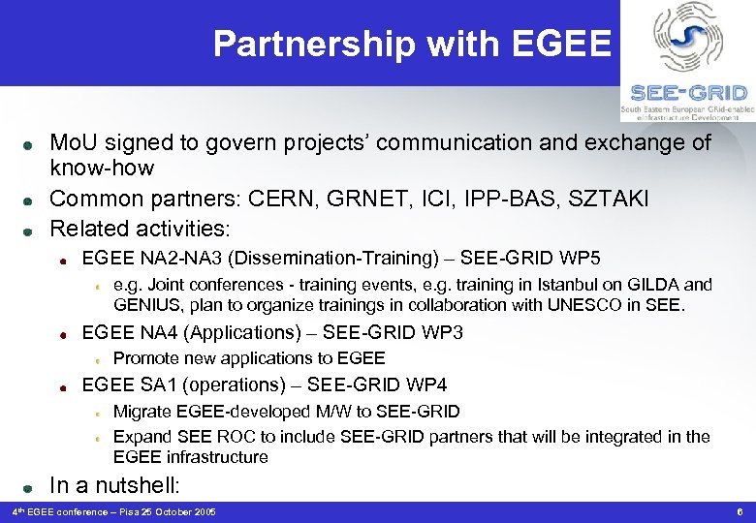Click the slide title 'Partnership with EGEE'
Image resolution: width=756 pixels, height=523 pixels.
[x=412, y=44]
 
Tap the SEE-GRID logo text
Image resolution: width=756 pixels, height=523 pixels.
[x=688, y=93]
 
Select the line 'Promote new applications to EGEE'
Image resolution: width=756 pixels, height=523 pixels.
[x=249, y=358]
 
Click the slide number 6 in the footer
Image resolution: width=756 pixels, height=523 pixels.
[x=739, y=511]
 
